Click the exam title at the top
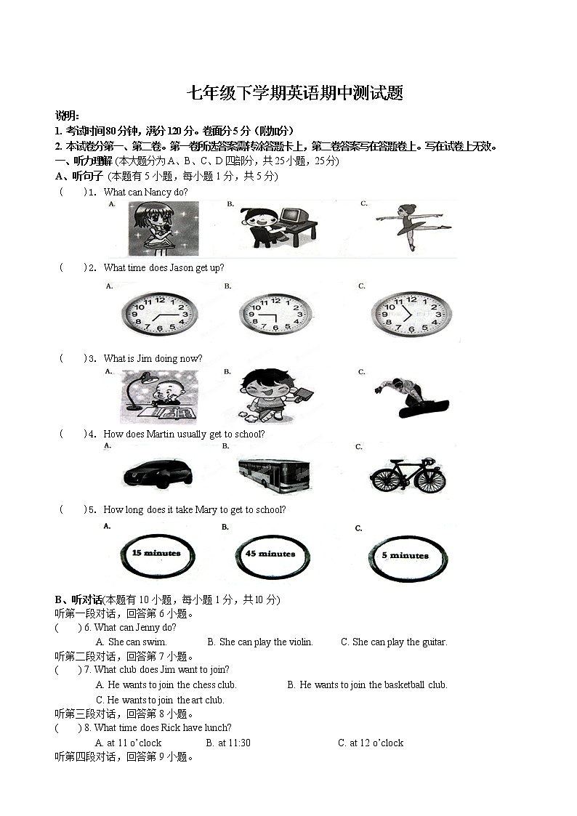(x=295, y=94)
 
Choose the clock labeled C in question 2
(x=411, y=315)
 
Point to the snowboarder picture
(x=411, y=397)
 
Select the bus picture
(x=274, y=474)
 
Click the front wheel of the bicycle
(x=429, y=479)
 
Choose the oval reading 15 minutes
(x=156, y=554)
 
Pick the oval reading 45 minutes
(x=270, y=555)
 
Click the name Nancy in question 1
(x=159, y=192)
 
